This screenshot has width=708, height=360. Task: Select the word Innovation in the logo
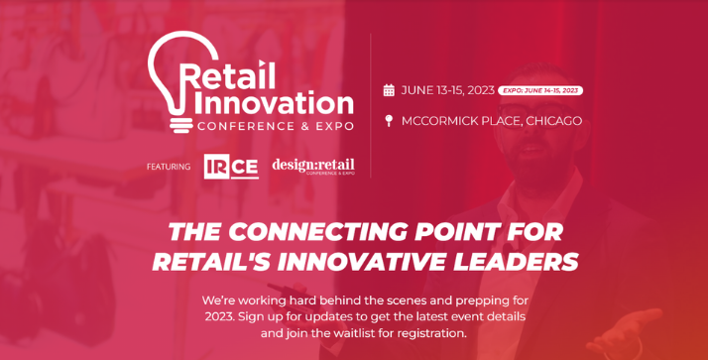coord(274,103)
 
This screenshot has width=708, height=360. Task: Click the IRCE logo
coord(231,167)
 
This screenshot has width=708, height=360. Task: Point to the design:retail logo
coord(313,167)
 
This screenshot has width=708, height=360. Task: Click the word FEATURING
coord(169,167)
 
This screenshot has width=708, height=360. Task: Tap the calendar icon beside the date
coord(389,90)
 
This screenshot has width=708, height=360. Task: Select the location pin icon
coord(389,121)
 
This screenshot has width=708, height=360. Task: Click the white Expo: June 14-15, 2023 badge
coord(540,90)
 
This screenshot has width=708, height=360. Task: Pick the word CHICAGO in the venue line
coord(554,121)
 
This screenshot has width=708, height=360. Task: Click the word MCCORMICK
coord(432,121)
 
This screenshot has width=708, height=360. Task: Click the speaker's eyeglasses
coord(537,113)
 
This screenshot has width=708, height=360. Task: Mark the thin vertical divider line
coord(371,106)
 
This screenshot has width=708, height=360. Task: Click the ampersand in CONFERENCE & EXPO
coord(304,126)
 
